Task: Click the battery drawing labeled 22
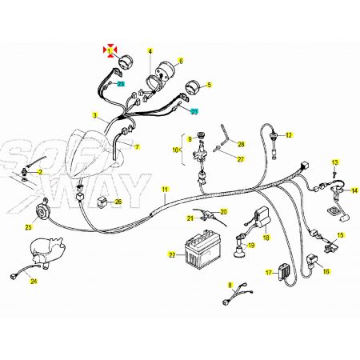pos(202,249)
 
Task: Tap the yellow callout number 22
pos(172,255)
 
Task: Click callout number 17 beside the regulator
pos(269,273)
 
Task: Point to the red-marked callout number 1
pos(109,50)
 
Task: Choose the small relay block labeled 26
pos(103,202)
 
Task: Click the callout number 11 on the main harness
pos(165,190)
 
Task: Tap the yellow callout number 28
pos(241,144)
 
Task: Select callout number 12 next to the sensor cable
pos(289,135)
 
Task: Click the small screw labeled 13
pos(334,174)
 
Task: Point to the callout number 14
pos(354,190)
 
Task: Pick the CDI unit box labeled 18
pos(262,218)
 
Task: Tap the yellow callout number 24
pos(34,281)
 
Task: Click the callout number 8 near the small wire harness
pos(230,286)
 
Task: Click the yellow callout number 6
pos(181,61)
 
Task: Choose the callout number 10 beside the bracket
pos(175,150)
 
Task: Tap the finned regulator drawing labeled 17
pos(283,272)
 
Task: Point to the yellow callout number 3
pos(95,116)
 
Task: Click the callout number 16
pos(326,271)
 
